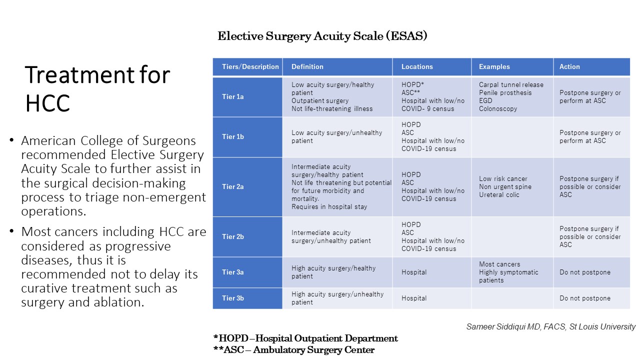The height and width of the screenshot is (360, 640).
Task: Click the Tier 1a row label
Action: (x=232, y=97)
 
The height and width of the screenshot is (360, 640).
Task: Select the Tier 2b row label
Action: (x=232, y=237)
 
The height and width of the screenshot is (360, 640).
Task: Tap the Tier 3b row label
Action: (x=232, y=298)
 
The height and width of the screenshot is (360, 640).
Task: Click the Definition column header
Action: (x=307, y=67)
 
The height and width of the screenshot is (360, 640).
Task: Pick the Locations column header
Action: (x=417, y=67)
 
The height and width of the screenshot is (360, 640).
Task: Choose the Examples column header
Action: (x=494, y=67)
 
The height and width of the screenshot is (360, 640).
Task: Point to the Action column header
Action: (x=569, y=67)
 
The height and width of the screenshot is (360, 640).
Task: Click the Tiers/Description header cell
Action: (x=250, y=67)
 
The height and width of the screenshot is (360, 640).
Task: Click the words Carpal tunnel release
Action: (x=511, y=85)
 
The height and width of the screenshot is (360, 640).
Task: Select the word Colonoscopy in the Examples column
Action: (x=498, y=109)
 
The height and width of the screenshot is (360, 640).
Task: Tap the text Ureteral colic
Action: (x=499, y=195)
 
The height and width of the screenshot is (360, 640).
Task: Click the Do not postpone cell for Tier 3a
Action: (x=584, y=272)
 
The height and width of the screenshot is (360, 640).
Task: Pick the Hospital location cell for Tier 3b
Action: (x=413, y=298)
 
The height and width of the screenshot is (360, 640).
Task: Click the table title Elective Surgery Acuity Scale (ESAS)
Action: (x=322, y=36)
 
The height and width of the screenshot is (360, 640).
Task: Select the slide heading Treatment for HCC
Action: (x=97, y=88)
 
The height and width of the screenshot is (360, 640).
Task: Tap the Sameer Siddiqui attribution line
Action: (x=551, y=327)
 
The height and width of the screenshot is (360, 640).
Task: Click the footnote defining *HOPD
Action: (x=305, y=338)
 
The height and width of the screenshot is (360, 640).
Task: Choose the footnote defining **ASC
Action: (x=293, y=349)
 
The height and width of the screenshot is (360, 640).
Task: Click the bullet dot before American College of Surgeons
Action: (x=11, y=140)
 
